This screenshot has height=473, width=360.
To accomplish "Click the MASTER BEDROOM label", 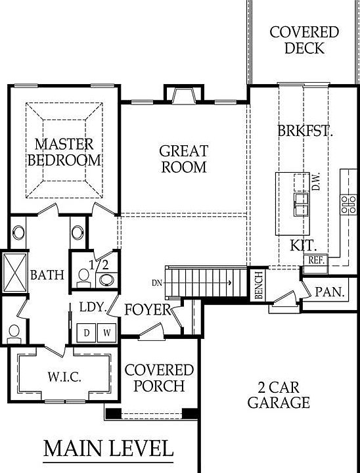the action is tap(64, 152).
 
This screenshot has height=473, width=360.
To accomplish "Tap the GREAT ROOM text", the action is tap(184, 159).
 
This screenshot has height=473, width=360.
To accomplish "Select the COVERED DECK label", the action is tap(304, 40).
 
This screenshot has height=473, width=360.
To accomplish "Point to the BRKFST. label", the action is tap(305, 131).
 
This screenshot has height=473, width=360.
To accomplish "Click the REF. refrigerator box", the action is tap(315, 260).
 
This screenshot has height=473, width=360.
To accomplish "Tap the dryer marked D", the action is tap(86, 332).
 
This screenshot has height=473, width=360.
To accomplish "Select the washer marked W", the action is tap(106, 332).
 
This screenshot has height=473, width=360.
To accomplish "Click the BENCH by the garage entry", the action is tap(259, 285).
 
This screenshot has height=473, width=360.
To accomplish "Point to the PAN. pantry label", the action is tap(330, 292).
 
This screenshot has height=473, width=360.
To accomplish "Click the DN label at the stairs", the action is tap(157, 283).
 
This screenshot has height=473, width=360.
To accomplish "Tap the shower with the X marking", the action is tap(15, 273).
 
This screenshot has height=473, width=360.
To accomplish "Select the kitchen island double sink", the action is tap(302, 205).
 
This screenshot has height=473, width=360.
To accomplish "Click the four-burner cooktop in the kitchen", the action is tap(349, 205).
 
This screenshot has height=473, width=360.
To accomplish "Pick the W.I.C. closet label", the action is tap(64, 377).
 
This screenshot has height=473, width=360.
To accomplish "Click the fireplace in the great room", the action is tap(184, 94).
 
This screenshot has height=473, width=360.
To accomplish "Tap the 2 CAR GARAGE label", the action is tap(279, 395).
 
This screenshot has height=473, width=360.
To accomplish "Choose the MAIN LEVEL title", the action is tap(108, 449).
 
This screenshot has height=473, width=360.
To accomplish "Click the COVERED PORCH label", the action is tap(159, 378).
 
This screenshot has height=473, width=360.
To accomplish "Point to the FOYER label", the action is tap(148, 310).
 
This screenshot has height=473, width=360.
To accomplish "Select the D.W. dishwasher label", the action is tap(316, 181).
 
